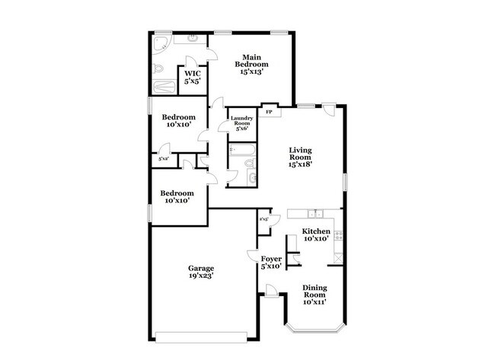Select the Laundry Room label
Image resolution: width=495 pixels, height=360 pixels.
pyautogui.click(x=241, y=123)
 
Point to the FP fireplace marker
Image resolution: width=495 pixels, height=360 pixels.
pyautogui.click(x=269, y=112)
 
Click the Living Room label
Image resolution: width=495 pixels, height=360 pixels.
pyautogui.click(x=302, y=158)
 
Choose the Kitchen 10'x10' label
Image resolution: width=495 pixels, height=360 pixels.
pyautogui.click(x=315, y=234)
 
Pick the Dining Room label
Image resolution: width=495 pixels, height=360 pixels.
pyautogui.click(x=315, y=295)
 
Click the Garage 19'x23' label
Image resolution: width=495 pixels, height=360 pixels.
pyautogui.click(x=200, y=272)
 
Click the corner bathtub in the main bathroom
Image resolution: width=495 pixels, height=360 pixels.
pyautogui.click(x=161, y=43)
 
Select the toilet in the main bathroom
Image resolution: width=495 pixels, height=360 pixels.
pyautogui.click(x=158, y=69)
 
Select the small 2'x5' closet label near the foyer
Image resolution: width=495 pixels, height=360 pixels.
pyautogui.click(x=264, y=219)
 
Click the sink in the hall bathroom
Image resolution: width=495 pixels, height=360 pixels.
pyautogui.click(x=251, y=179)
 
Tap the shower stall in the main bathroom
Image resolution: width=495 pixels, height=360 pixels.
pyautogui.click(x=163, y=87)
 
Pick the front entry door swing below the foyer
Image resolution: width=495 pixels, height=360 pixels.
pyautogui.click(x=270, y=290)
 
